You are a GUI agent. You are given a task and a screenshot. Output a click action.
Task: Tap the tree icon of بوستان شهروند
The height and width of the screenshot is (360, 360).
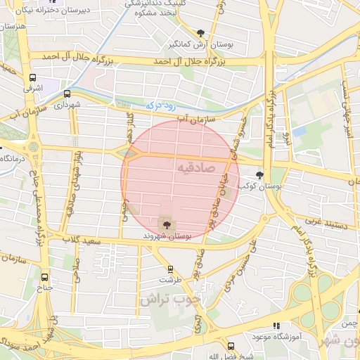pos(167,225)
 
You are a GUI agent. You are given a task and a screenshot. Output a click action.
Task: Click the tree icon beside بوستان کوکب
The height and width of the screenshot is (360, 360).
pos(259,176)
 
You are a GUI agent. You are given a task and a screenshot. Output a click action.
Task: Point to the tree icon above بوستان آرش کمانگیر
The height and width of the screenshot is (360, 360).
pos(201,33)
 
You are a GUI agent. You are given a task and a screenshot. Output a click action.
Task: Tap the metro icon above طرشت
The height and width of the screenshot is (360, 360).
pos(169,269)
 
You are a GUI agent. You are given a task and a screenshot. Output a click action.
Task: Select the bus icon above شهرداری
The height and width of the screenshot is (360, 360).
pos(67,94)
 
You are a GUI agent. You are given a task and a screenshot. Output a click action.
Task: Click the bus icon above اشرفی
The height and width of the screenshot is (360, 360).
pos(32,78)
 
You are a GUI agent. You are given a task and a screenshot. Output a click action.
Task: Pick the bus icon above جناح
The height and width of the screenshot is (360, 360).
pos(45,277)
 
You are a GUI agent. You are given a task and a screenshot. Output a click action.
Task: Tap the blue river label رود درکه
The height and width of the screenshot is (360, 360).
pos(160,105)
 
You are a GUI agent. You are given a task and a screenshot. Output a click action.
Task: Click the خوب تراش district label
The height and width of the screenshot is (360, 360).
pos(169,299)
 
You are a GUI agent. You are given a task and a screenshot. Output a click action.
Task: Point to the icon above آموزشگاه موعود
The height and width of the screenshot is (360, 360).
pos(276,326)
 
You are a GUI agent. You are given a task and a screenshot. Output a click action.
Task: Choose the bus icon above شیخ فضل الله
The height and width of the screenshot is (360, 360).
pos(231,345)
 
